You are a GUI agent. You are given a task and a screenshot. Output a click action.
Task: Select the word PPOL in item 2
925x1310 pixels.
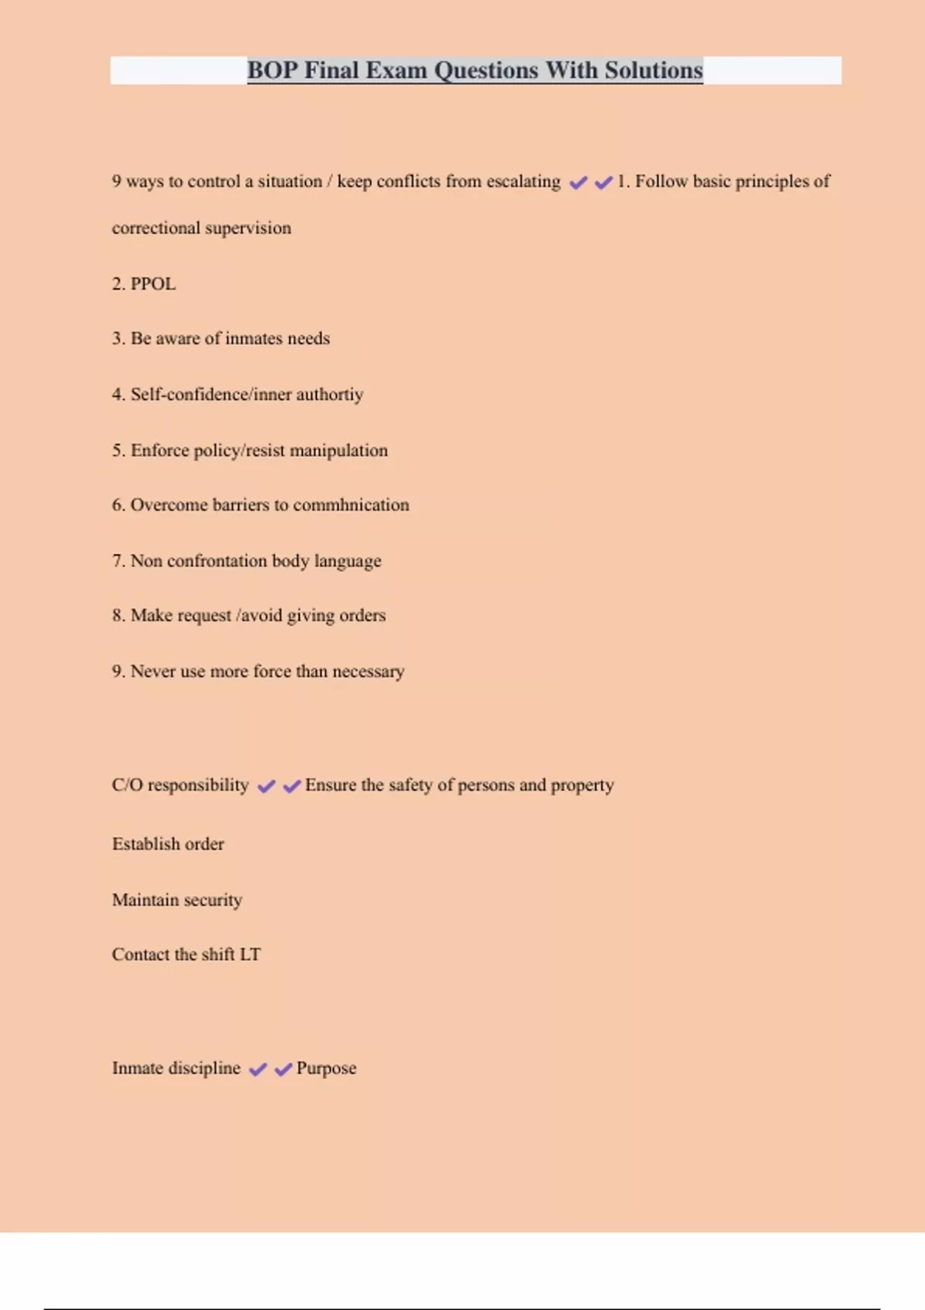coord(153,284)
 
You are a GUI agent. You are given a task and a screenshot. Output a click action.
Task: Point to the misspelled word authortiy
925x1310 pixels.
coord(329,395)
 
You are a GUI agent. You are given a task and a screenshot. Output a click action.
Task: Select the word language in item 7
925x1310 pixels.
coord(347,561)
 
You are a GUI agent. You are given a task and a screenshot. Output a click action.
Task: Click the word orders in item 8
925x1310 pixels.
coord(362,616)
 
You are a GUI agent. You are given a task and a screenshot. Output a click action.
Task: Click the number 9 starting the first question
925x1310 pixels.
coord(116,181)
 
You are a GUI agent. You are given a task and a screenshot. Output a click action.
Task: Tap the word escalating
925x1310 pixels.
coord(523,181)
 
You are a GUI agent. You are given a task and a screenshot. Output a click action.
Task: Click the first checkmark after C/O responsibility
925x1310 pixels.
coord(266,786)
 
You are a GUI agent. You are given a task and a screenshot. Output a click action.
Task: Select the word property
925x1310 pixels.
coord(582,785)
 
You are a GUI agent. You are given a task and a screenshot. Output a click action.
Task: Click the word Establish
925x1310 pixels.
coord(146,844)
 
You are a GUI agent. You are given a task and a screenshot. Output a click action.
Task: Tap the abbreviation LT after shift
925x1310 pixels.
coord(250,954)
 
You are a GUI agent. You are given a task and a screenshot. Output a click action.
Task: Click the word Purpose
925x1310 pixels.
coord(326,1069)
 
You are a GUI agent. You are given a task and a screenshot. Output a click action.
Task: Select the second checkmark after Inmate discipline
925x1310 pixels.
coord(283,1069)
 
